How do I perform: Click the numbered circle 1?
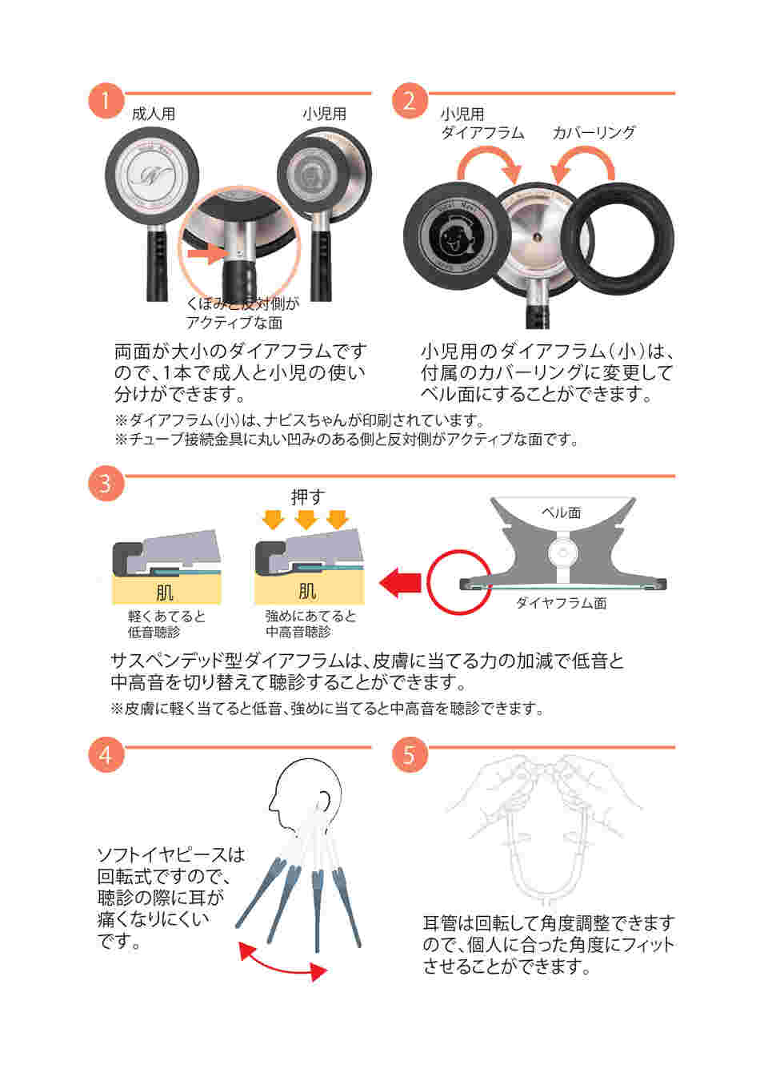[106, 101]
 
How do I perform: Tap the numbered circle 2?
[410, 101]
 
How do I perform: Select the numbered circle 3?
[106, 484]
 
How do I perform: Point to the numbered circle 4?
[106, 754]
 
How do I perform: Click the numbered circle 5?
[410, 754]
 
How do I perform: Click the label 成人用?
[154, 115]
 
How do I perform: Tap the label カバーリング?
[594, 132]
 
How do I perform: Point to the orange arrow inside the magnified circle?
[208, 253]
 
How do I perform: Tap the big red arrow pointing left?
[400, 583]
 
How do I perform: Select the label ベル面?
[562, 512]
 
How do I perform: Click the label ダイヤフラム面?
[562, 603]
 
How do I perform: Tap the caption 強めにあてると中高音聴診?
[310, 624]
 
